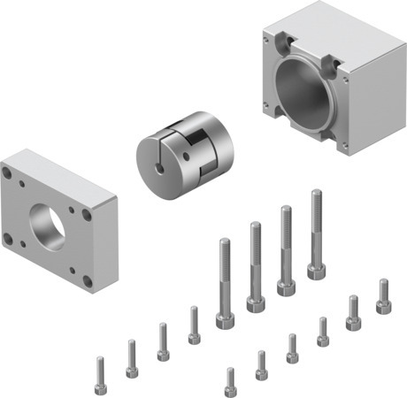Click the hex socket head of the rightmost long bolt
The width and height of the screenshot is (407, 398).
click(316, 270)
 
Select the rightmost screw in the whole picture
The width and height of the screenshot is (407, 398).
click(383, 295)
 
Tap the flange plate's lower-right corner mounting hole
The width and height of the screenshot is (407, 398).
click(87, 281)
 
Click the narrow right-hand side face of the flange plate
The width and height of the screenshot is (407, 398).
click(104, 243)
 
